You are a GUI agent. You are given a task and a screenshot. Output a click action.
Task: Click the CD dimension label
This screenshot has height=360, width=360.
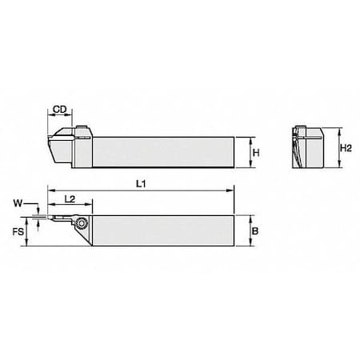coord(59,110)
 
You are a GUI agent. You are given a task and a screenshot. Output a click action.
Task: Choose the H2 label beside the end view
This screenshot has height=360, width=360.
coord(346,147)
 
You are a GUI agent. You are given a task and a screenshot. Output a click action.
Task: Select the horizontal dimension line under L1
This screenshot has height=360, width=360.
coord(141,192)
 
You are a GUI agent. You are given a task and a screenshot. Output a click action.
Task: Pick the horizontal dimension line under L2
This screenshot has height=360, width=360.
coord(70,205)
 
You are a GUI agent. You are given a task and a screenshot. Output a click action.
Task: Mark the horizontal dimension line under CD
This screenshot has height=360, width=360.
coord(60,117)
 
